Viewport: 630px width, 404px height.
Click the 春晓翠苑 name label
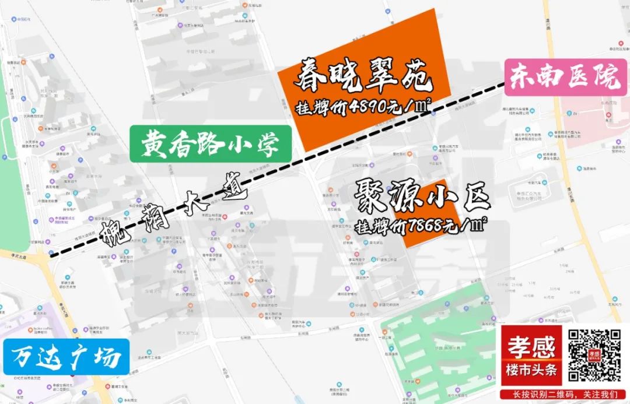pos(365,79)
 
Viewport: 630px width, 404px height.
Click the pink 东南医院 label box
pos(565,77)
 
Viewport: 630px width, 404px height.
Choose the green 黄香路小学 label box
pos(210,143)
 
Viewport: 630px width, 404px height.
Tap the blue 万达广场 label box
pos(65,356)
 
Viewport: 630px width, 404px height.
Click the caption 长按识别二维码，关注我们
pos(563,395)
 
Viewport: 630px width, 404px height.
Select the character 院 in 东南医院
pos(609,77)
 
